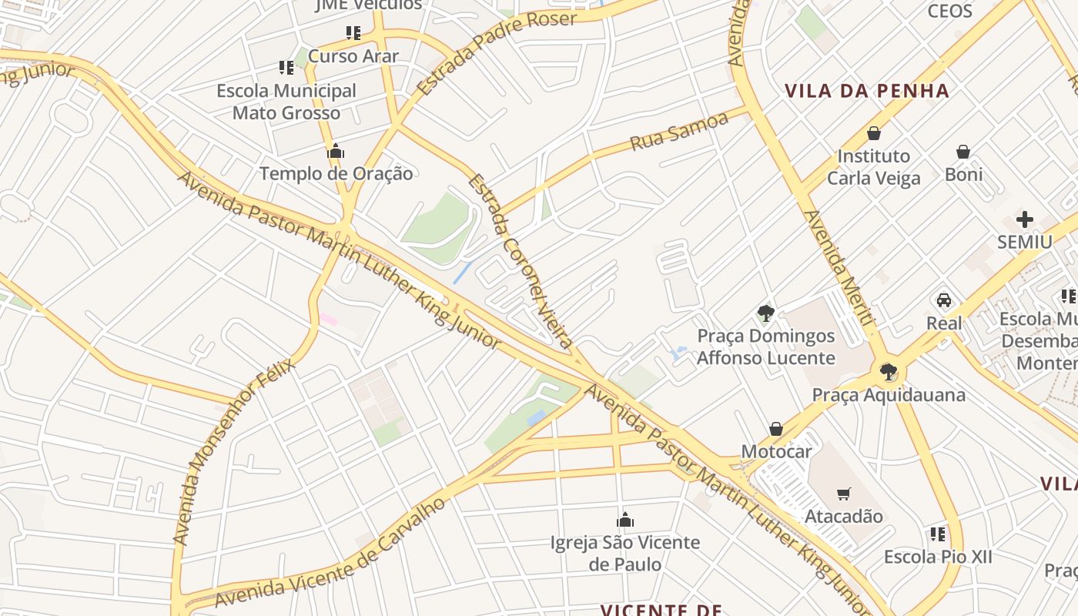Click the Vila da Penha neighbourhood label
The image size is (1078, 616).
click(867, 91)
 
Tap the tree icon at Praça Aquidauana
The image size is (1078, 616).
click(889, 373)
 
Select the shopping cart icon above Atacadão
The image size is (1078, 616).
click(844, 494)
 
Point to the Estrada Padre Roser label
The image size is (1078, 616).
click(497, 52)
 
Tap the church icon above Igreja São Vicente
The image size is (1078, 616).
click(625, 521)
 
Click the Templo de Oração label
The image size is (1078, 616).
click(336, 173)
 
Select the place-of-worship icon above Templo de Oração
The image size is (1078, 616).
click(336, 152)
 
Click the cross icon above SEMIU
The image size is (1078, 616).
click(1024, 219)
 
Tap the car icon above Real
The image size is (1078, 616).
click(944, 300)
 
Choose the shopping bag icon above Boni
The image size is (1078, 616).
click(963, 152)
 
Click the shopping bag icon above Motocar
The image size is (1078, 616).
click(776, 429)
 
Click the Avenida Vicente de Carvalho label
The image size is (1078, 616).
click(331, 553)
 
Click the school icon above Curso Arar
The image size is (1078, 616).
click(353, 33)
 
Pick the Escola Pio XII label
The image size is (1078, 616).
click(938, 557)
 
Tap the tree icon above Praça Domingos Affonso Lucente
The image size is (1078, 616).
click(765, 313)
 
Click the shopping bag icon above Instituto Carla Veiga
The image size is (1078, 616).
click(874, 133)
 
